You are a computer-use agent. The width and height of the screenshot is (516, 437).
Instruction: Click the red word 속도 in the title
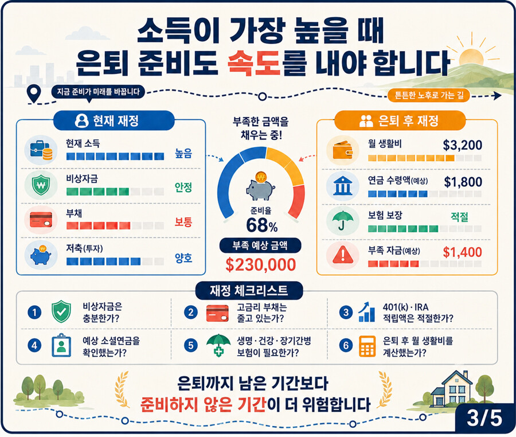(253, 63)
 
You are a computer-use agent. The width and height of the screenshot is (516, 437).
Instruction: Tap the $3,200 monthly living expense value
(462, 145)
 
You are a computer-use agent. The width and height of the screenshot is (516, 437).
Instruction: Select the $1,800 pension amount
(463, 182)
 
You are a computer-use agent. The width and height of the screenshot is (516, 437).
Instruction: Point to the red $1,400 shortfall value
(462, 252)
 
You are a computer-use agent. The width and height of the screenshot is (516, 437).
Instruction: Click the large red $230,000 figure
(261, 264)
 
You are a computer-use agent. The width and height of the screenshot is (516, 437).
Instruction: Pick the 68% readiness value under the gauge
(261, 225)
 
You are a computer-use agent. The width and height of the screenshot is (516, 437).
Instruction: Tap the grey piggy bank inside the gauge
(260, 190)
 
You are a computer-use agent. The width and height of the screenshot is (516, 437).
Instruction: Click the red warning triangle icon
(343, 255)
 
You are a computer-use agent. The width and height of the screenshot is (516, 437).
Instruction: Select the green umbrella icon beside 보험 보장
(343, 220)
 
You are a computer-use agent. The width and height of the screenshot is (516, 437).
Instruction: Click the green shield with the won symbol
(41, 185)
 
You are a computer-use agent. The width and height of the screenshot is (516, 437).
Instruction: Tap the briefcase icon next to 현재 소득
(41, 150)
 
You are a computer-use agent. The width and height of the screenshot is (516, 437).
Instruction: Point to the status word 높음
(183, 153)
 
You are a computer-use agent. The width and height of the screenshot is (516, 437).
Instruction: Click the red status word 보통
(183, 222)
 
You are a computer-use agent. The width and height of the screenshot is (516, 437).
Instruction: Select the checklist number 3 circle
(346, 313)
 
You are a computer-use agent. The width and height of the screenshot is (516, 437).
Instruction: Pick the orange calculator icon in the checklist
(367, 346)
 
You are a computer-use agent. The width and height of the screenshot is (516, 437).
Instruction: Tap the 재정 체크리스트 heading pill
(249, 291)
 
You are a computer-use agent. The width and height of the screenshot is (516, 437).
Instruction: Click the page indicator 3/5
(484, 418)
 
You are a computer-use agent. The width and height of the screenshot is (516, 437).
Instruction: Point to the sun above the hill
(471, 57)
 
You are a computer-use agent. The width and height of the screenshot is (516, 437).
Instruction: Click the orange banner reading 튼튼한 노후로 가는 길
(428, 95)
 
